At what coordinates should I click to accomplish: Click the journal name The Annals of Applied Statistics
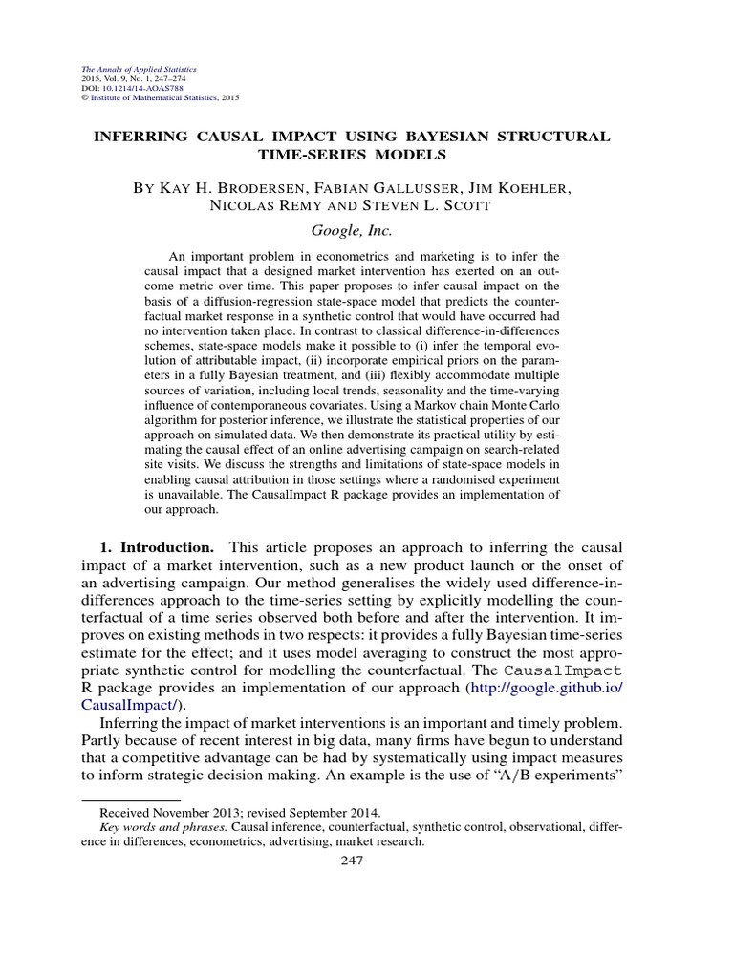click(x=127, y=70)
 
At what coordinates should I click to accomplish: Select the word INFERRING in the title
click(x=135, y=137)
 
